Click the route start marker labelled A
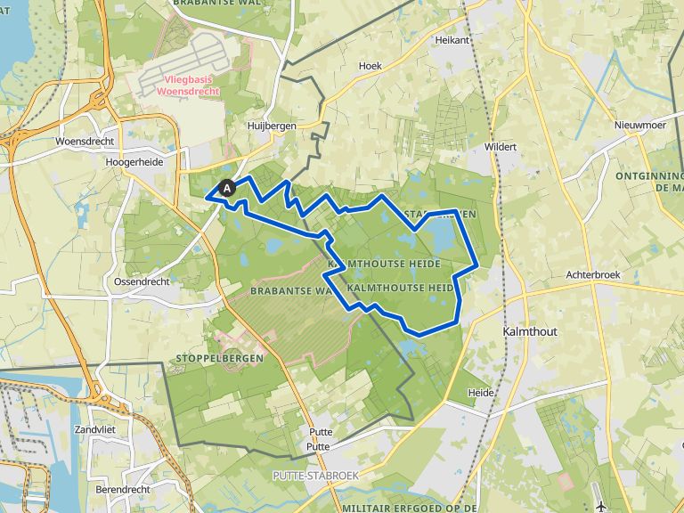[x=227, y=188]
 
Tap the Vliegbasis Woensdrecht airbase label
[x=190, y=85]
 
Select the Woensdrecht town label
[x=83, y=142]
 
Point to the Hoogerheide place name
[x=133, y=163]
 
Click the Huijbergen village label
[x=272, y=126]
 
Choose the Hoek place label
[x=370, y=66]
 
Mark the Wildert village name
[x=501, y=146]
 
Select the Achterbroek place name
[x=592, y=275]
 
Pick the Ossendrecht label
[x=142, y=281]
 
